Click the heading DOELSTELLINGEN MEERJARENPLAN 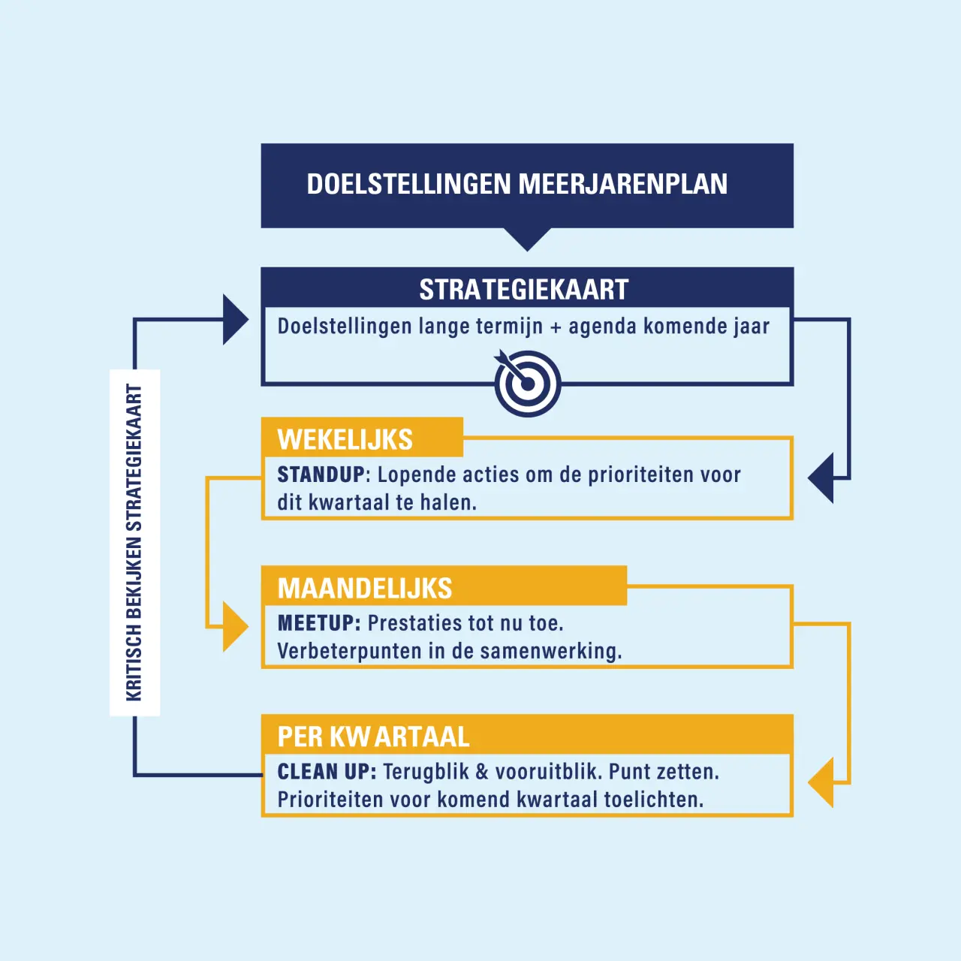(x=517, y=184)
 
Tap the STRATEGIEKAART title (x=523, y=290)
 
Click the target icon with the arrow (x=528, y=383)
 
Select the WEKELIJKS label (x=345, y=439)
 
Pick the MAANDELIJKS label (x=365, y=588)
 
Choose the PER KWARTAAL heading (x=374, y=737)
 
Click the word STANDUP (x=321, y=474)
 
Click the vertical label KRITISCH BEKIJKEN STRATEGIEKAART (x=134, y=543)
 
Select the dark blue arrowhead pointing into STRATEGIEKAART (x=236, y=319)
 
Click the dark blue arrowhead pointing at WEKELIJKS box (x=821, y=477)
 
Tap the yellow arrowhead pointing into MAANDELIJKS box (x=236, y=626)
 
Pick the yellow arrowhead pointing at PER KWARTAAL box (x=821, y=782)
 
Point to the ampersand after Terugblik (x=482, y=772)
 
